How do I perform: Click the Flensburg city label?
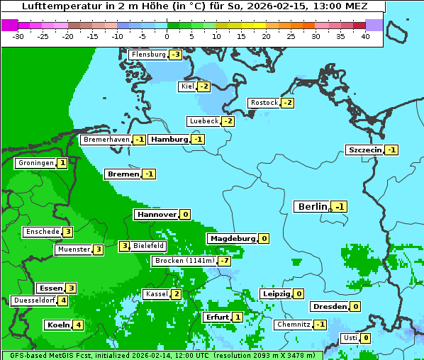148,55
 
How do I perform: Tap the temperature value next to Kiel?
204,86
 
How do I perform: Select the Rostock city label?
264,103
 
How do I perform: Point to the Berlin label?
312,207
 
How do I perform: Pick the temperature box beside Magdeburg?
264,239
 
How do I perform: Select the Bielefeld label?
149,246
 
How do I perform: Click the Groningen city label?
35,163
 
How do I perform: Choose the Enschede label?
42,232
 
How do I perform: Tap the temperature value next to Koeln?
78,325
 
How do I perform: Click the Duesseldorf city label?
34,300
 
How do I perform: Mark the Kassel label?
155,294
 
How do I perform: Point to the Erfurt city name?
216,317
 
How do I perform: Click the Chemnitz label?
294,325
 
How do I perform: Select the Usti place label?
350,338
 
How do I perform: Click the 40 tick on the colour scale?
365,36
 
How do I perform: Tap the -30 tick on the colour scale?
19,36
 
